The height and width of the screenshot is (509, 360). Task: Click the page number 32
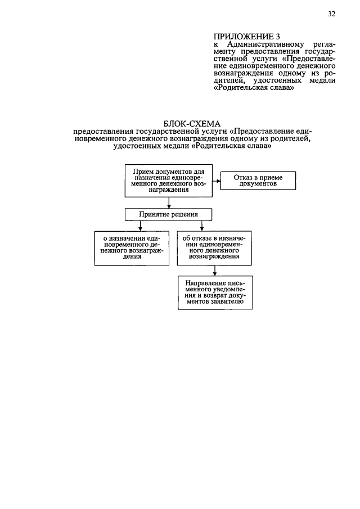pyautogui.click(x=332, y=15)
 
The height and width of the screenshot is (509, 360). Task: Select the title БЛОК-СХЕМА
pyautogui.click(x=192, y=123)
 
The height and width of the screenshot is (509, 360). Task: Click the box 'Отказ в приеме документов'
pyautogui.click(x=258, y=180)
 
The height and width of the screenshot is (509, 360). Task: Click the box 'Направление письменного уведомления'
pyautogui.click(x=215, y=292)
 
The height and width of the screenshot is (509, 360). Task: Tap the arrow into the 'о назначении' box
pyautogui.click(x=132, y=226)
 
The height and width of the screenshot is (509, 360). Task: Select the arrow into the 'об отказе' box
pyautogui.click(x=191, y=226)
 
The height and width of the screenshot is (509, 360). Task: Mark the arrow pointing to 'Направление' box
pyautogui.click(x=215, y=269)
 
